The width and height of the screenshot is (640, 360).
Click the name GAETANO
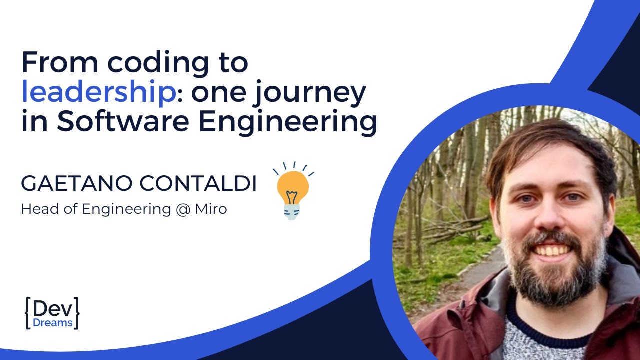[77, 184]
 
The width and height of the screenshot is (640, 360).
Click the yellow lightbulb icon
[293, 192]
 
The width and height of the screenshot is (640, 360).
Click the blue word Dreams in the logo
[52, 323]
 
